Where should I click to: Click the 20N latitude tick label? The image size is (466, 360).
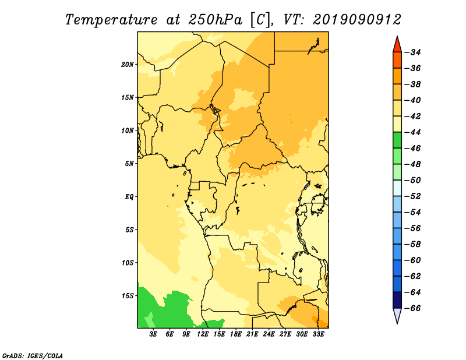click(128, 65)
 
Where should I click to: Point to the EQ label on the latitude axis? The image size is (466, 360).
click(129, 197)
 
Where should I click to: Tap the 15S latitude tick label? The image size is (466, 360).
click(128, 296)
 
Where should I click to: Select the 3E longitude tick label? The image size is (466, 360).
click(153, 334)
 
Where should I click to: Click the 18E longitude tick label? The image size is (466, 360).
click(236, 334)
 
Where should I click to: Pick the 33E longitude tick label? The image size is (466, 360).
click(318, 334)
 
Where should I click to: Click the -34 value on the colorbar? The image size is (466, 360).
click(413, 52)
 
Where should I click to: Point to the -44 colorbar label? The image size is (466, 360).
click(413, 132)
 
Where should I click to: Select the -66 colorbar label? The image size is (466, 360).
click(413, 308)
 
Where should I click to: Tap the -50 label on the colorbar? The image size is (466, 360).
click(413, 180)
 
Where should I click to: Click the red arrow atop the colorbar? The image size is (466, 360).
click(397, 45)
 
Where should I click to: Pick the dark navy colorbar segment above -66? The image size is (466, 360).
click(397, 300)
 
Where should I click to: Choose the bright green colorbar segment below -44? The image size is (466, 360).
click(397, 140)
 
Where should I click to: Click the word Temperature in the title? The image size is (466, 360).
click(111, 20)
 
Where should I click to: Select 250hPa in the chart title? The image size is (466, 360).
click(215, 20)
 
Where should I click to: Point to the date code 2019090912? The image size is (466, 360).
click(357, 20)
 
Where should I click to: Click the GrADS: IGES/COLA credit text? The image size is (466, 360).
click(33, 355)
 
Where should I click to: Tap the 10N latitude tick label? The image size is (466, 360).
click(128, 130)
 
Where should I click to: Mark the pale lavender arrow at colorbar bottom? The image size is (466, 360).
click(397, 316)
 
